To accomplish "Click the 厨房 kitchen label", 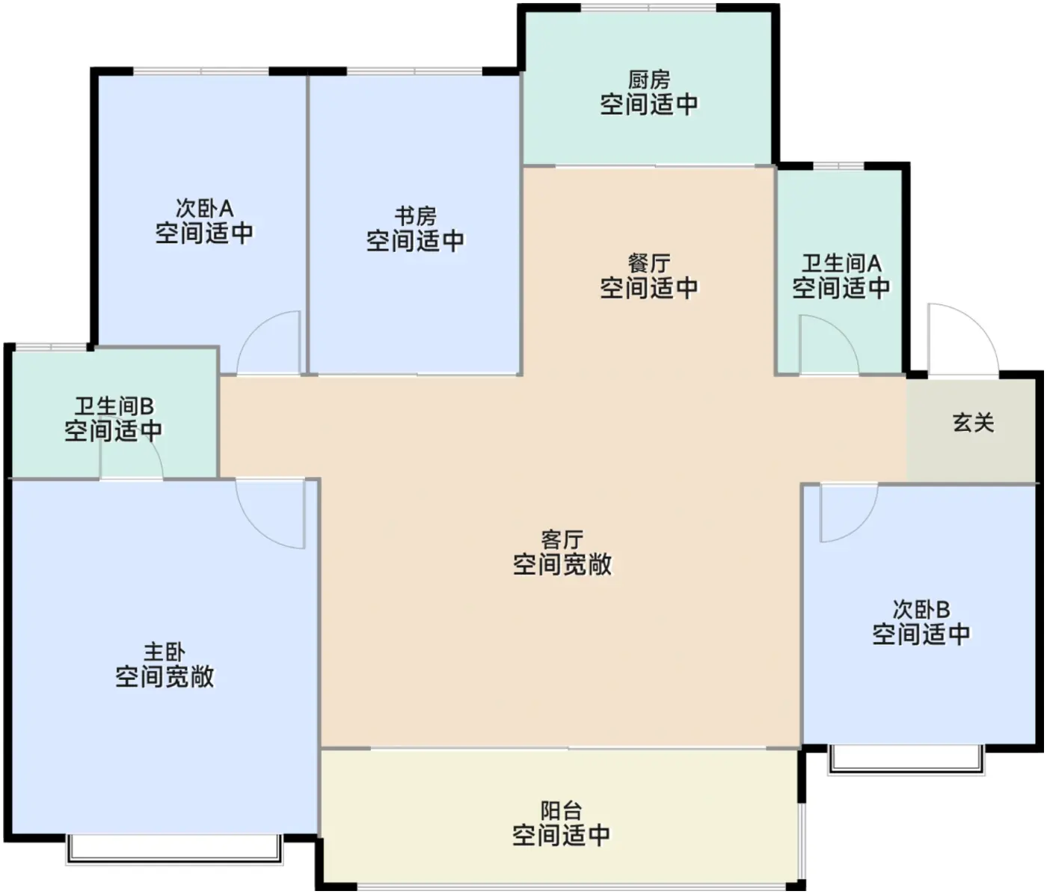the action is pos(649,79).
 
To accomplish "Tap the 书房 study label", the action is pos(415,216).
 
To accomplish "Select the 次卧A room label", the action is pos(204,208).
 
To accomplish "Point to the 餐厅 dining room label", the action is pos(649,263).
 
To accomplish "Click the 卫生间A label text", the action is pos(841,263).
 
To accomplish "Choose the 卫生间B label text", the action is pos(114,406).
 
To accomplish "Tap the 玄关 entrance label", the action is pos(973,423).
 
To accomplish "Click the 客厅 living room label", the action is pos(562,540).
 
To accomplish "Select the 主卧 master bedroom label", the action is pos(165,652).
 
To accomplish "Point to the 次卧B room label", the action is pos(921,610).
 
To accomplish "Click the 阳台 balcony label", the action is pos(561,811).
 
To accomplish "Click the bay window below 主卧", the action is pos(174,849).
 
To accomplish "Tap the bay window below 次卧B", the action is pos(906,760).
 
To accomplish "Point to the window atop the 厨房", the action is pos(649,7).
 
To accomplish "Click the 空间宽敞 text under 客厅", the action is pos(562,565).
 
